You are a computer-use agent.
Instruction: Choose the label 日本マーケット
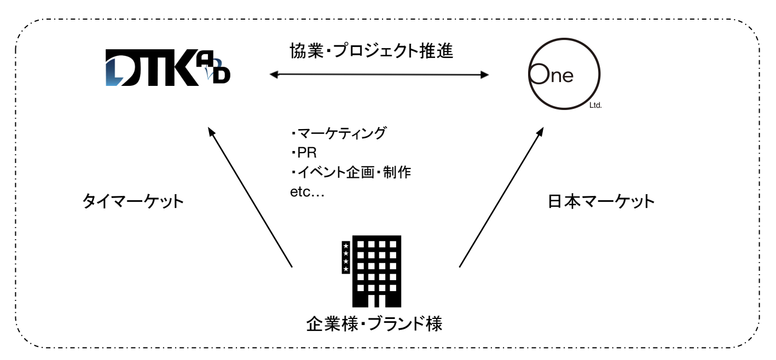[601, 202]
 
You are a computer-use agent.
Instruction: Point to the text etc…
[308, 193]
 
